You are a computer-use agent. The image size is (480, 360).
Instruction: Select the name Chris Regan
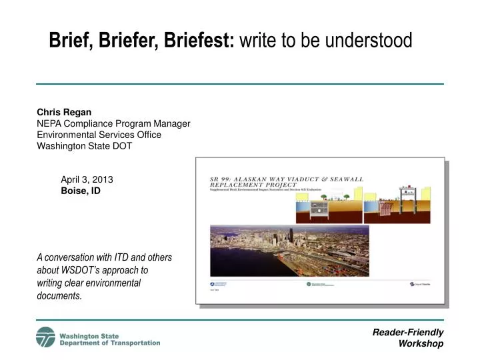tap(64, 112)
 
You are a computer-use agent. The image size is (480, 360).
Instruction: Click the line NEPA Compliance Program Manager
tap(113, 123)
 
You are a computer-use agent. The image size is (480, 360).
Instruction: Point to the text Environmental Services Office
tap(99, 135)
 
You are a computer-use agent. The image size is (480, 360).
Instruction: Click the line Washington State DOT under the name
tap(84, 146)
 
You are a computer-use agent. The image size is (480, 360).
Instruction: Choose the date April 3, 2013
tap(87, 179)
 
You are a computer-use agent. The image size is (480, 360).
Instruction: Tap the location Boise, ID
tap(81, 191)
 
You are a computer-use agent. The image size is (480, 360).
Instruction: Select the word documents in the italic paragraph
tap(59, 295)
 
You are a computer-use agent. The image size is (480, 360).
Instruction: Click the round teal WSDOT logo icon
tap(46, 337)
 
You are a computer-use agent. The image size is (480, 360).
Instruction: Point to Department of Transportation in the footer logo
tap(110, 343)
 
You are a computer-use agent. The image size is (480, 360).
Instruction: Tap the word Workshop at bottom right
tap(421, 343)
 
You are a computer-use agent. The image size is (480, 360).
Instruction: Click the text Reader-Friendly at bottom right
tap(408, 332)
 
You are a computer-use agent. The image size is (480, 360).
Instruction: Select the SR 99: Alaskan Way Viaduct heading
tap(287, 179)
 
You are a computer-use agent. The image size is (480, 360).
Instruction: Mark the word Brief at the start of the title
tap(71, 41)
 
